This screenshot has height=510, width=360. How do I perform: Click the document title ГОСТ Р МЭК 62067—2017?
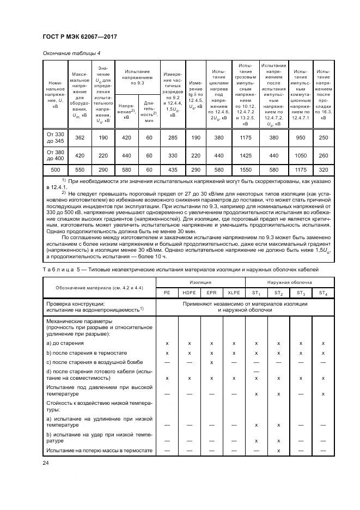tap(80, 37)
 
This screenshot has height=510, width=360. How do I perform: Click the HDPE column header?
tap(189, 293)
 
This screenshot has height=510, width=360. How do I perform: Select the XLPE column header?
tap(234, 293)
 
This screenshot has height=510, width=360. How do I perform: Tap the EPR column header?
tap(211, 293)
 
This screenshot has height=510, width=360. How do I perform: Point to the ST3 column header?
tap(301, 293)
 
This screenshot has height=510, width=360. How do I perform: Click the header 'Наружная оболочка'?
tap(289, 282)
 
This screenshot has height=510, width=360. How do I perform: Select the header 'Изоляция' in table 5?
tap(200, 282)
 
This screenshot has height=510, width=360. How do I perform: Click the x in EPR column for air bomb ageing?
tap(211, 362)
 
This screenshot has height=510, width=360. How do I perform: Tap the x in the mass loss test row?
tap(278, 451)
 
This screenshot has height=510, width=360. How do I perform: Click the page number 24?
tap(46, 464)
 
